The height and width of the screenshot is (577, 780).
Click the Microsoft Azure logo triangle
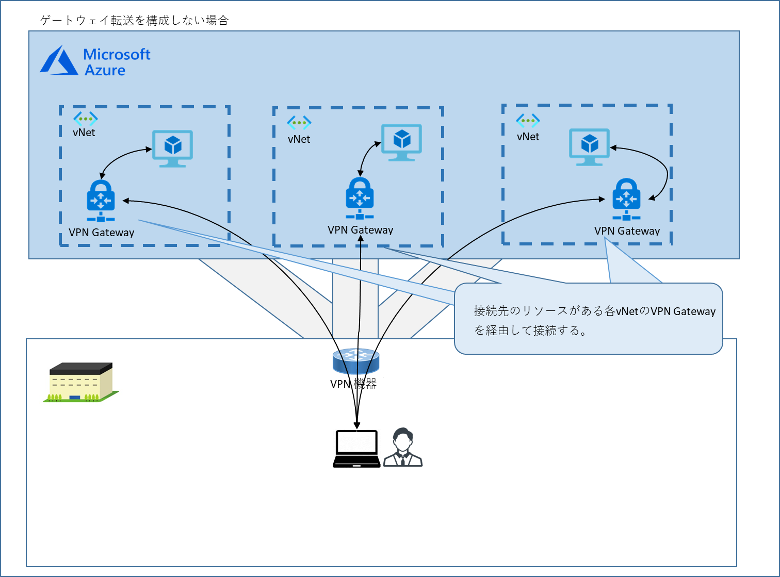(x=58, y=62)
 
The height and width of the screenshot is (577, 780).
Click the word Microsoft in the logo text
(x=117, y=54)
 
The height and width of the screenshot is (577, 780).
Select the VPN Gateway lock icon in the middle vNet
(x=360, y=198)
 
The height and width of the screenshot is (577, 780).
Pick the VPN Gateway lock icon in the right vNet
(x=626, y=199)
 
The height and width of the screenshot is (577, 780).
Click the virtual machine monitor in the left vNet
(x=173, y=148)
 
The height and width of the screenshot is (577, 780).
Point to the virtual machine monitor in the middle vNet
(x=401, y=142)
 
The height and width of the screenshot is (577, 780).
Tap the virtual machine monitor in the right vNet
(x=589, y=146)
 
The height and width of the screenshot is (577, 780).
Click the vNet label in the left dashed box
(x=84, y=133)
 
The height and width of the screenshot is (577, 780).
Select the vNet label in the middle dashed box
(x=299, y=139)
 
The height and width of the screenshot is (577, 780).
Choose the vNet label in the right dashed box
(x=528, y=137)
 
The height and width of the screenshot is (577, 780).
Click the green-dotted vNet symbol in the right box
(x=528, y=121)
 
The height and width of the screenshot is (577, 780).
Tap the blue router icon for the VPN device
(x=356, y=360)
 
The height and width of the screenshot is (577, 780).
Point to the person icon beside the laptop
(x=403, y=448)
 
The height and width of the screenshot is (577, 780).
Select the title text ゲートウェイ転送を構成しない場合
(x=134, y=21)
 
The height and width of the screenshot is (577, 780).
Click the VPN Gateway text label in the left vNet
(x=102, y=233)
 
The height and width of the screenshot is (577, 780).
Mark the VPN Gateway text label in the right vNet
(x=627, y=231)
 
